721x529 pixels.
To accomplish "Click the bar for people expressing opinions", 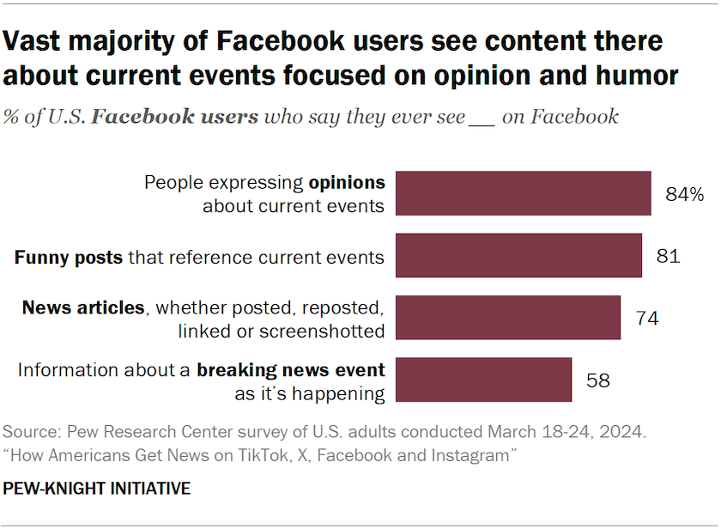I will pos(523,193).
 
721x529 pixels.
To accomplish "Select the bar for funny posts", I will pos(518,255).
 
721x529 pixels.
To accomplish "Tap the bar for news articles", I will pos(507,318).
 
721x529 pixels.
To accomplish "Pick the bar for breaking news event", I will pos(483,380).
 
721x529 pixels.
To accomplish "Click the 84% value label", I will pos(684,194).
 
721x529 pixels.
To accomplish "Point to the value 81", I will pos(669,256).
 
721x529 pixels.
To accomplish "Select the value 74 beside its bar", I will pos(647,318).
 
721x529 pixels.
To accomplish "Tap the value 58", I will pos(598,380).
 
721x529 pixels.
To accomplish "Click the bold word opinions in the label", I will pos(347,182).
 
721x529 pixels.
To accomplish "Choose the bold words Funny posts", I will pos(69,256).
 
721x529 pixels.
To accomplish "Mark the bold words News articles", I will pos(83,307).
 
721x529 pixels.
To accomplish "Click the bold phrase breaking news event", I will pos(290,370).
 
